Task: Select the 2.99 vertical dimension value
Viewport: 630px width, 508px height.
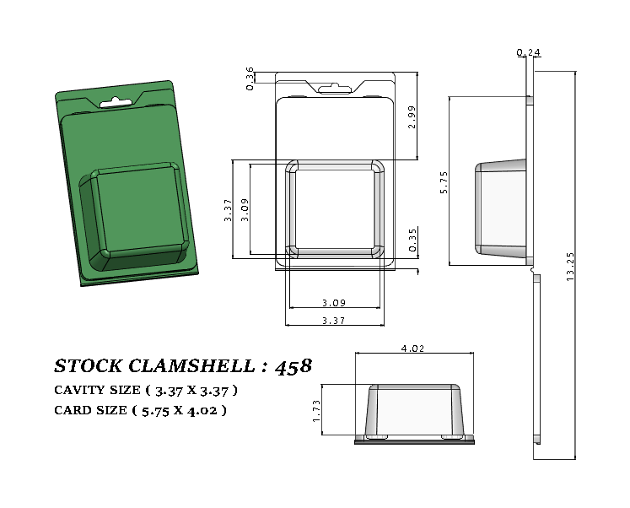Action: pyautogui.click(x=411, y=116)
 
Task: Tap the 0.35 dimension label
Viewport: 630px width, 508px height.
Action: pyautogui.click(x=412, y=242)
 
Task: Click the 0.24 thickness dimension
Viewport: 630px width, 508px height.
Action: pyautogui.click(x=529, y=53)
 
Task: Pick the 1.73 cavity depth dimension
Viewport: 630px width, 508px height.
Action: pyautogui.click(x=316, y=411)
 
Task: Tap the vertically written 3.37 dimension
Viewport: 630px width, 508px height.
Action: pyautogui.click(x=227, y=210)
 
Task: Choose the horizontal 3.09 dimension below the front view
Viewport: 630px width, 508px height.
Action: pyautogui.click(x=335, y=303)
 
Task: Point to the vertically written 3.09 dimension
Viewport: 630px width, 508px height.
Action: pyautogui.click(x=245, y=209)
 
